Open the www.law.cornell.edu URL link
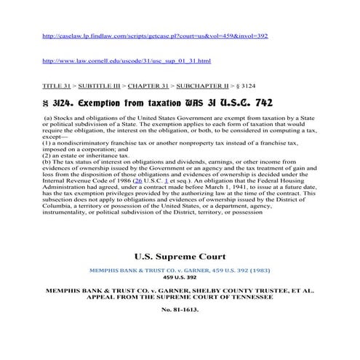pyautogui.click(x=127, y=60)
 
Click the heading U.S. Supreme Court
pyautogui.click(x=180, y=256)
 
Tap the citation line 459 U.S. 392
pyautogui.click(x=180, y=277)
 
